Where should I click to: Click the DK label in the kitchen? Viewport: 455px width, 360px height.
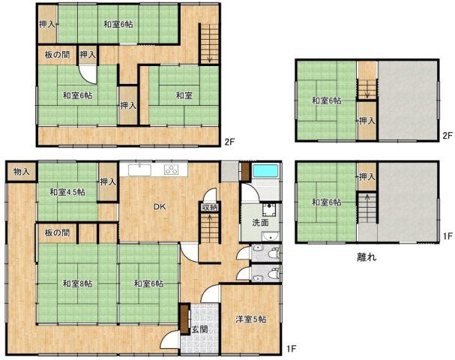click(160, 207)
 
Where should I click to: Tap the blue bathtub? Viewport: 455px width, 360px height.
click(265, 172)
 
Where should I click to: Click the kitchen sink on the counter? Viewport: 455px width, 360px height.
click(139, 169)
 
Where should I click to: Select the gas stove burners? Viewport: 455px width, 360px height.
click(172, 169)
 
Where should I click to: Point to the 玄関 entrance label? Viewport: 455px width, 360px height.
click(199, 329)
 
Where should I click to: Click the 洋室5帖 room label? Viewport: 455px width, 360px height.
click(250, 319)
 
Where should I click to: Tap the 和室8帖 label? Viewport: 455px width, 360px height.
click(78, 283)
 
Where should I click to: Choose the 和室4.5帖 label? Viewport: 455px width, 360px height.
click(67, 192)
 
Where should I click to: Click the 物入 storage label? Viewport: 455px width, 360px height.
click(22, 172)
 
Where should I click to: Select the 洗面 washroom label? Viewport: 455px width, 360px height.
click(260, 223)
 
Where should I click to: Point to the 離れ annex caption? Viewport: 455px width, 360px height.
click(367, 257)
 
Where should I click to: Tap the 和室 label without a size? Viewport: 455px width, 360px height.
click(184, 95)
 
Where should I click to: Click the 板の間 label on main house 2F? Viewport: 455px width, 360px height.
click(57, 55)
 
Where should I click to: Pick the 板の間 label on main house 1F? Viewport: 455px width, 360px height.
click(57, 232)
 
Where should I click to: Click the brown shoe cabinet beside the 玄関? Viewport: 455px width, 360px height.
click(184, 319)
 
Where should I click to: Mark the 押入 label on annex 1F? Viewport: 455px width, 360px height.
click(367, 176)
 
